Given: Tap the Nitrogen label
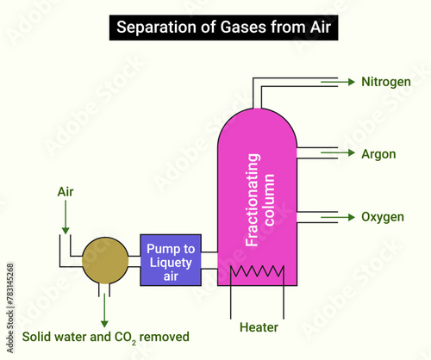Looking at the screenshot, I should [x=386, y=82].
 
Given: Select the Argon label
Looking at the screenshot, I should [x=378, y=154].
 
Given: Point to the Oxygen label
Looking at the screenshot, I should [x=383, y=217].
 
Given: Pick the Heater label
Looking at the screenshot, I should [x=258, y=326].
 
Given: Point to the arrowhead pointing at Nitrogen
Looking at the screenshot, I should [x=351, y=82].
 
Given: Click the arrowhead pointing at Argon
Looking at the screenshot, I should [x=351, y=154].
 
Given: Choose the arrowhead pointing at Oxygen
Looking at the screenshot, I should [x=351, y=217].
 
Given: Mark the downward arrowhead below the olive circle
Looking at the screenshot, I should [x=104, y=320].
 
